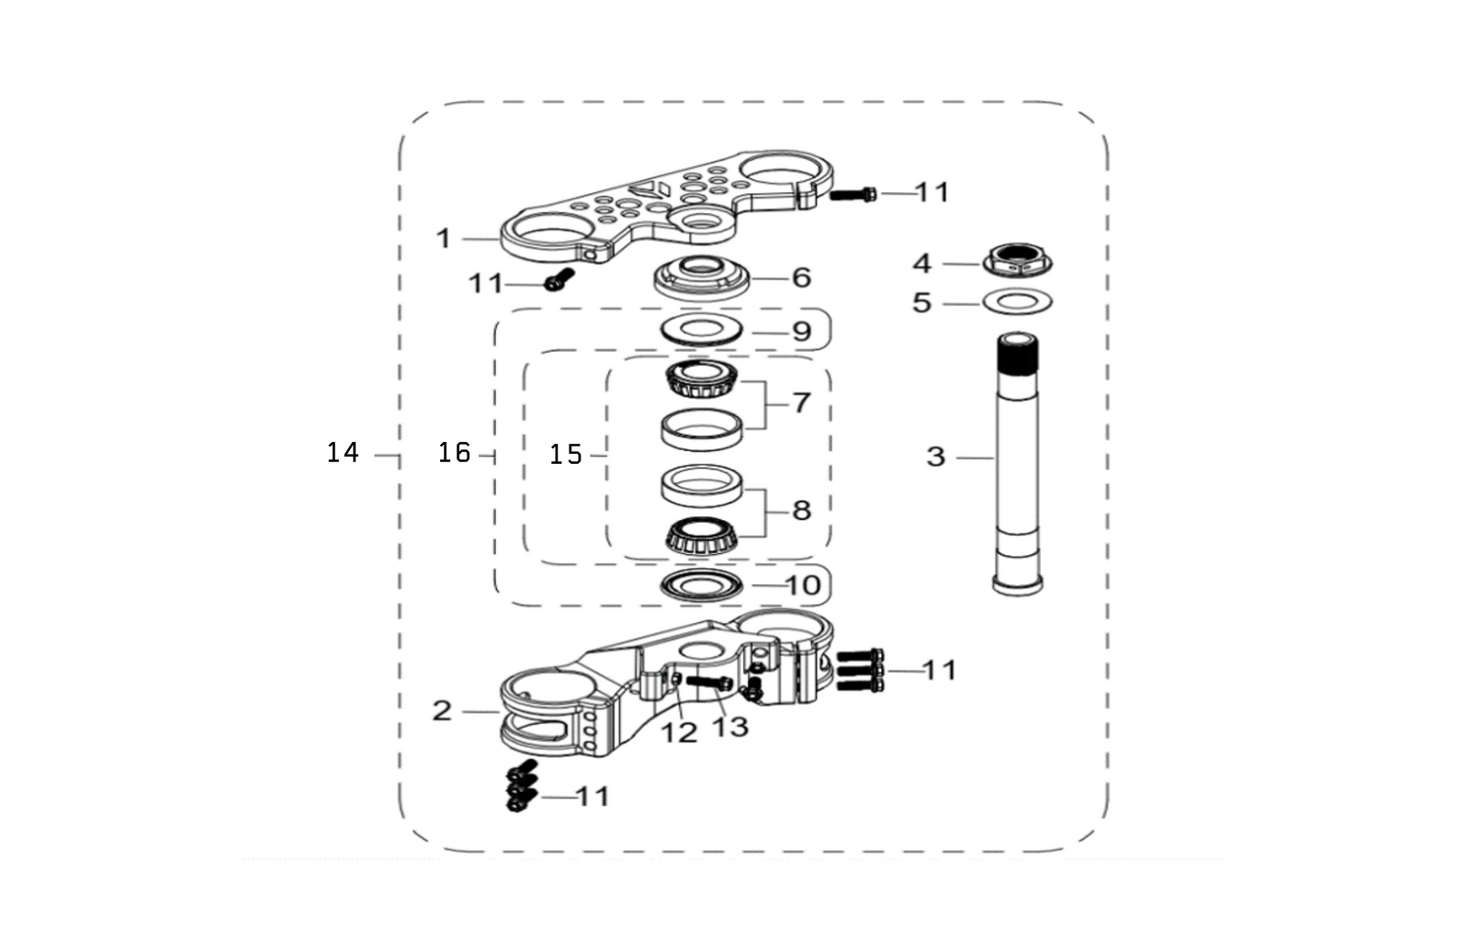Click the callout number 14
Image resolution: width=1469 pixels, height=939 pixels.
coord(343,452)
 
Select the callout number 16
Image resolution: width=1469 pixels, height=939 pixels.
coord(454,452)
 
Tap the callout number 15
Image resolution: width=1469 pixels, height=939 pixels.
coord(566,454)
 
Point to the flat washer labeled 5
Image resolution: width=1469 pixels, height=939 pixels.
coord(1018,300)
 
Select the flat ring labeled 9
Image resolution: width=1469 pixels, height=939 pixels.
coord(700,328)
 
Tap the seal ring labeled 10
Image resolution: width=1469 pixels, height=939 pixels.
coord(702,584)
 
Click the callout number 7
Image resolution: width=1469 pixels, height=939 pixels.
coord(801,402)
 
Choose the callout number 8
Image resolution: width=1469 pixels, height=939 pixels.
coord(801,510)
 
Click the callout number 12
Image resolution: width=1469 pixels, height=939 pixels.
coord(679,732)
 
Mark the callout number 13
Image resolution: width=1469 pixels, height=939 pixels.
coord(731,726)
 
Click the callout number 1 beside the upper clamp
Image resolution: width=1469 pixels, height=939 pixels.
coord(444,239)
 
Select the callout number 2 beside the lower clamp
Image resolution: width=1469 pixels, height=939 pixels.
coord(442,710)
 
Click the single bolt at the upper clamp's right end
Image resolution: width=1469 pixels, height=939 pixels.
coord(853,194)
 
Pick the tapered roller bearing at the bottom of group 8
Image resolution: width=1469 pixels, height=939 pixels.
coord(701,536)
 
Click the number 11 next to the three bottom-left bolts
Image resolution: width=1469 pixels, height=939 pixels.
coord(593,796)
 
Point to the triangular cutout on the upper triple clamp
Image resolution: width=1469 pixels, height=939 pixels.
coord(654,190)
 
